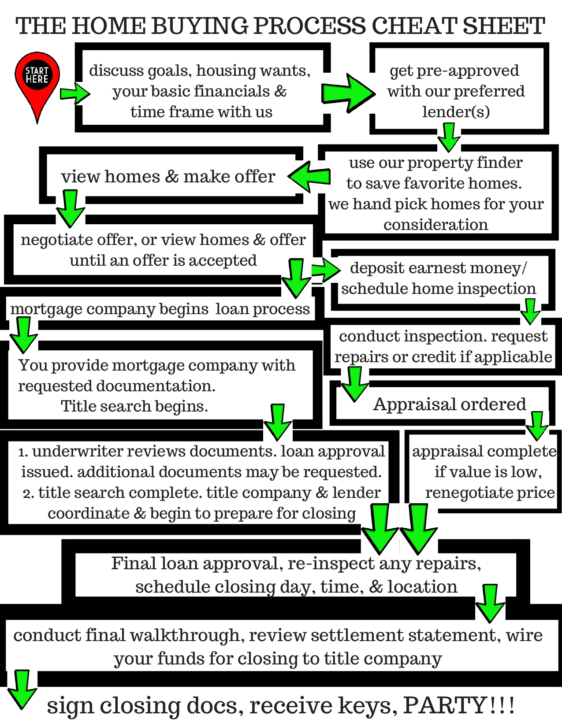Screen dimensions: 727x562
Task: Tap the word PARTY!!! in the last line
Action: point(458,705)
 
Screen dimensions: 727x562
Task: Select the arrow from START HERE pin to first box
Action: point(74,93)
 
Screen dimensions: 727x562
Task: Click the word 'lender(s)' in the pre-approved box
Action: point(456,112)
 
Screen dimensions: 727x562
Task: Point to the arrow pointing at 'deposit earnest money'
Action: point(325,269)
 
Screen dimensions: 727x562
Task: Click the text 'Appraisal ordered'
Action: point(450,404)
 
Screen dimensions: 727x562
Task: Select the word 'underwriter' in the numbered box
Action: point(77,452)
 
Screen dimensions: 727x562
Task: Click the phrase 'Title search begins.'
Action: point(134,406)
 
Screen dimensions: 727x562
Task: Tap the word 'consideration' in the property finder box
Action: point(435,225)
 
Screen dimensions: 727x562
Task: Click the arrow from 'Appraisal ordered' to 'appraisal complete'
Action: point(537,426)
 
